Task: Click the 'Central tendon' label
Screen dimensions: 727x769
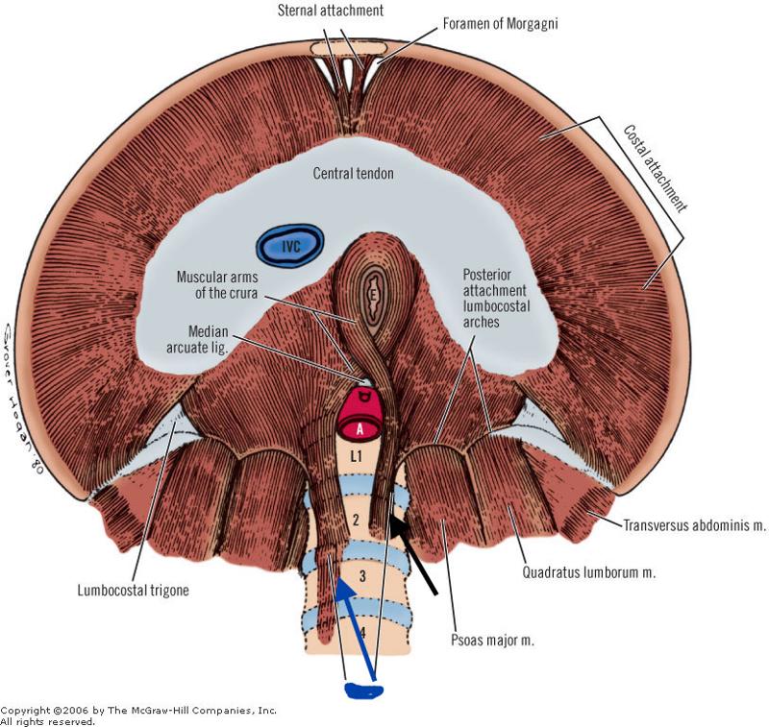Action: tap(354, 174)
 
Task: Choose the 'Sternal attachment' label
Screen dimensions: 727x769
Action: tap(331, 10)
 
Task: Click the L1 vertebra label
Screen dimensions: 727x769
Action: tap(355, 458)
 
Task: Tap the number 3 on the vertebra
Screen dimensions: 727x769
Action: tap(362, 576)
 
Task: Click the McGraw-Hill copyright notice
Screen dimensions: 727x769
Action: tap(139, 715)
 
